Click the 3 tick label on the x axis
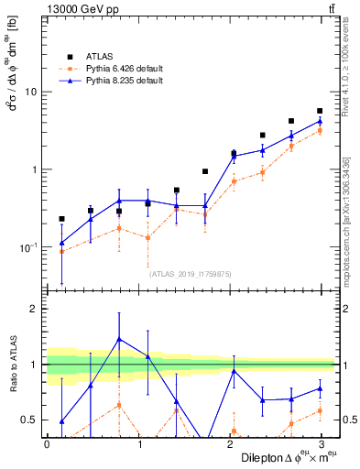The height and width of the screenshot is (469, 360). pos(320,443)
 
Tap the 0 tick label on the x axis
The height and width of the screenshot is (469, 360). pos(47,443)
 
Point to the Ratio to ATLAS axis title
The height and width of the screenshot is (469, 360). pos(14,365)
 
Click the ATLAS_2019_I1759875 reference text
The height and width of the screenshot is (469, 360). pos(191,273)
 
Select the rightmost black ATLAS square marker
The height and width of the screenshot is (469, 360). pos(320,111)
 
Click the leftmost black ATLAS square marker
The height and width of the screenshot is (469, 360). pos(61,219)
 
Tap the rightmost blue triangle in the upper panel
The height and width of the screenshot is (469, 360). pos(320,121)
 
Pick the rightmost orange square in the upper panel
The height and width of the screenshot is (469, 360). pos(320,131)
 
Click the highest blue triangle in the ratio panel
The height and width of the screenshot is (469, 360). pos(119,339)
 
